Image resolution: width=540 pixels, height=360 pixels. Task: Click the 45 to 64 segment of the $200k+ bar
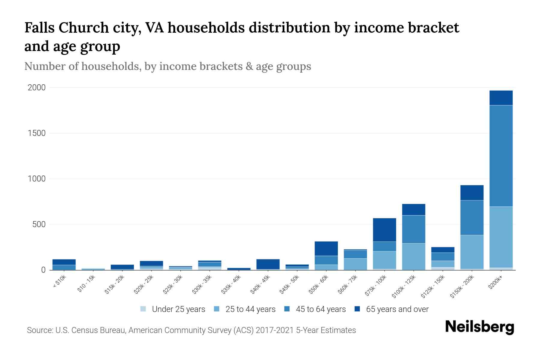tap(501, 156)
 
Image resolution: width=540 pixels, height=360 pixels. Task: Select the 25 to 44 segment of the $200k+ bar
tap(501, 237)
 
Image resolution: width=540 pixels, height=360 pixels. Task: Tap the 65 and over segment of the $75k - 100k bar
tap(384, 230)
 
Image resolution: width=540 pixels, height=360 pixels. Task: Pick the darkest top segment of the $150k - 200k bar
tap(472, 193)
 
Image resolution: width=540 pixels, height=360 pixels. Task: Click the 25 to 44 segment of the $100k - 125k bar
tap(413, 256)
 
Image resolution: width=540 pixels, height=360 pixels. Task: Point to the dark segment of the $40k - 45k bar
tap(268, 264)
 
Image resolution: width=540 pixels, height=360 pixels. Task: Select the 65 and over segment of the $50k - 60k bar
tap(326, 248)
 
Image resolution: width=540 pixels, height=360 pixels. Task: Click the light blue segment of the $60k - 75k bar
tap(355, 264)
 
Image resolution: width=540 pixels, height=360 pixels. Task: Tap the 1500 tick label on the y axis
tap(37, 133)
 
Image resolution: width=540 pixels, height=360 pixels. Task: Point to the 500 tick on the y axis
tap(39, 224)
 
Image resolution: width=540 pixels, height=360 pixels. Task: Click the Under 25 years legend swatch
tap(143, 309)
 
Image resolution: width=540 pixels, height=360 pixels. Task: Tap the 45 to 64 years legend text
tap(321, 309)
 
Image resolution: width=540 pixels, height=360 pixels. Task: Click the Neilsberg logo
tap(479, 327)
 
